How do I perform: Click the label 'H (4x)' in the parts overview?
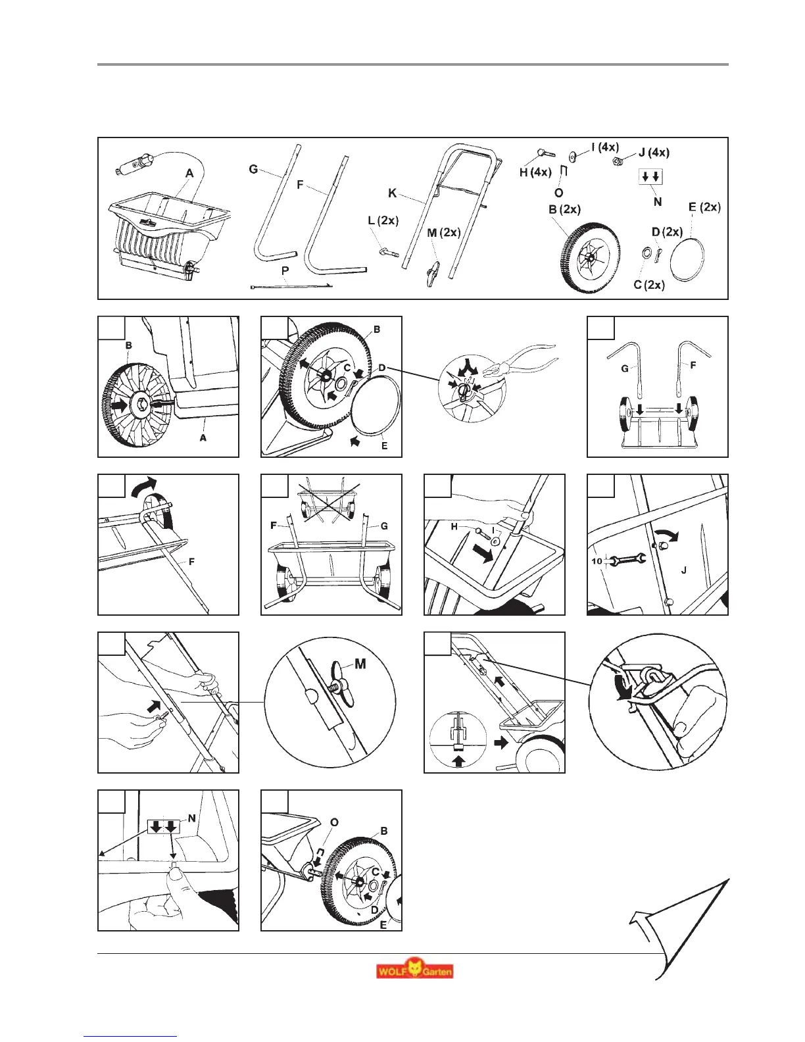tap(535, 172)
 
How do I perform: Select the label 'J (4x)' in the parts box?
tap(654, 153)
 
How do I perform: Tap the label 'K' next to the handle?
tap(393, 193)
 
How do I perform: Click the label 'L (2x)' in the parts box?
tap(383, 220)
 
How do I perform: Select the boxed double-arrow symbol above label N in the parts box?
tap(652, 176)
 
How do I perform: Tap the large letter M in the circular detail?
tap(360, 664)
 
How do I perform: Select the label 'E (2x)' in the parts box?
tap(704, 207)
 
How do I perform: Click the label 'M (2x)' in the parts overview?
tap(443, 232)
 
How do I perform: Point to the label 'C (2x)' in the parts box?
tap(648, 285)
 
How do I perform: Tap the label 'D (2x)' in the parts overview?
tap(667, 232)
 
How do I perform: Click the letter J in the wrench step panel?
tap(684, 570)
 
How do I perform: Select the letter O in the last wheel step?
tap(335, 822)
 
